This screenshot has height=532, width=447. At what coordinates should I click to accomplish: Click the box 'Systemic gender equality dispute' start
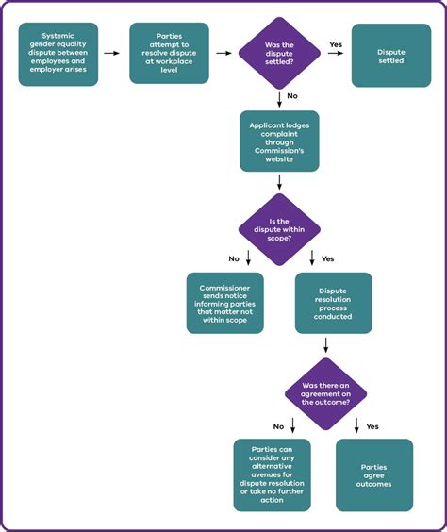[x=58, y=54]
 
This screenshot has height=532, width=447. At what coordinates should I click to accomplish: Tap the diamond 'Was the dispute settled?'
[x=279, y=54]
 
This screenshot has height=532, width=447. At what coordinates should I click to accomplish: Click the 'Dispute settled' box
[x=390, y=54]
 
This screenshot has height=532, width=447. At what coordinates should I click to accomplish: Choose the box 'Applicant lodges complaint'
[x=279, y=141]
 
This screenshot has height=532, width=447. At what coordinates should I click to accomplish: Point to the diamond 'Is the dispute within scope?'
[x=279, y=228]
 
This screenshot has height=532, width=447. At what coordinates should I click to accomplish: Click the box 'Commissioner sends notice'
[x=224, y=303]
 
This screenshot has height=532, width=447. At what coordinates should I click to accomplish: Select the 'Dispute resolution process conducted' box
[x=334, y=303]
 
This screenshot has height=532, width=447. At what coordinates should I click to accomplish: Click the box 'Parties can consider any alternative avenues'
[x=272, y=474]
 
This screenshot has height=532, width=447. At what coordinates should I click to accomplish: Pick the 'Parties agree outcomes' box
[x=374, y=474]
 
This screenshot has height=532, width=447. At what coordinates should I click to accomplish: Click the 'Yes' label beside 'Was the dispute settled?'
[x=335, y=43]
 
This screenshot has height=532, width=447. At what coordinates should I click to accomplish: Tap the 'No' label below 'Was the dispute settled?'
[x=292, y=95]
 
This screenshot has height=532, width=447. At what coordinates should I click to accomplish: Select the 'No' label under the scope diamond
[x=233, y=258]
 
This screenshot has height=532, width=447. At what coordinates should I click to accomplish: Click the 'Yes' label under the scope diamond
[x=328, y=258]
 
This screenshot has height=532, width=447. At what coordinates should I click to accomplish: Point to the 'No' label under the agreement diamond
[x=278, y=425]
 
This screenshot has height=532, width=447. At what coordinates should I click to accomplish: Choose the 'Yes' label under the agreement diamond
[x=372, y=425]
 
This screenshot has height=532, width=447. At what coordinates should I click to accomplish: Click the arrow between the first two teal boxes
[x=112, y=54]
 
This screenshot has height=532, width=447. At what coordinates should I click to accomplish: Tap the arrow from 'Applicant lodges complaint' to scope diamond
[x=279, y=182]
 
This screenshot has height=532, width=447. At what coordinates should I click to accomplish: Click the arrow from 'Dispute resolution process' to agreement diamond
[x=325, y=345]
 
